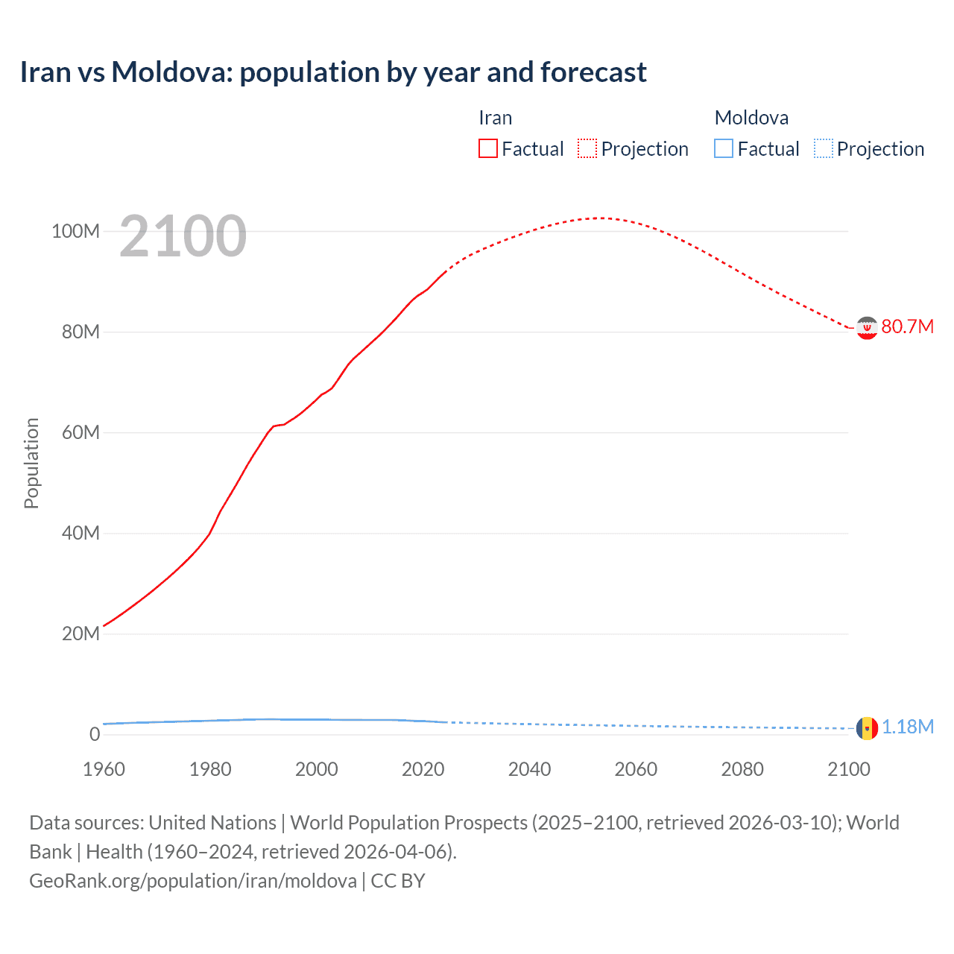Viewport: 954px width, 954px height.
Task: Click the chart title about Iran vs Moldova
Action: pos(332,72)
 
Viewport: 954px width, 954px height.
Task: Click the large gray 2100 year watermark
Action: pos(183,236)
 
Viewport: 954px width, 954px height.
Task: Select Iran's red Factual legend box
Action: pos(487,148)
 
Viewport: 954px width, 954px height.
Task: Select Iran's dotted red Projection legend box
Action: pos(587,148)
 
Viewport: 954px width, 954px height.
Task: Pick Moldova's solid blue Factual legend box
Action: pos(724,148)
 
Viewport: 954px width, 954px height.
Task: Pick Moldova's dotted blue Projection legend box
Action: pos(824,148)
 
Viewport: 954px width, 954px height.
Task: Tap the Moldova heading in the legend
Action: pos(751,118)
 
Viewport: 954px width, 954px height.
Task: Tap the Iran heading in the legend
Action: pos(495,118)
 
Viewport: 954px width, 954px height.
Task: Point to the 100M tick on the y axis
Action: pos(75,231)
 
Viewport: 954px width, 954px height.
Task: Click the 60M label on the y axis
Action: pos(80,432)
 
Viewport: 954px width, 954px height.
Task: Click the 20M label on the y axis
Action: pos(80,634)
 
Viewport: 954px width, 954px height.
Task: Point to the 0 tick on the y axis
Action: pos(95,734)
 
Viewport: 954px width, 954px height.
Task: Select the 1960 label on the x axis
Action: pos(104,769)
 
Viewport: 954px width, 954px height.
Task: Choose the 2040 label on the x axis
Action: pos(529,769)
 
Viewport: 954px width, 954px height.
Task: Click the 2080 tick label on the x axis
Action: pos(742,769)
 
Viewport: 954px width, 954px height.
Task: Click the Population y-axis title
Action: pos(31,463)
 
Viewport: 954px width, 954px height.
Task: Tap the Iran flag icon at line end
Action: pos(867,327)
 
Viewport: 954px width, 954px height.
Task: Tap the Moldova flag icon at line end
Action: pos(867,727)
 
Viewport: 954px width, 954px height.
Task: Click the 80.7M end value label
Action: pos(907,327)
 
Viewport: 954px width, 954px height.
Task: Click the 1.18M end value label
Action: pos(908,727)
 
